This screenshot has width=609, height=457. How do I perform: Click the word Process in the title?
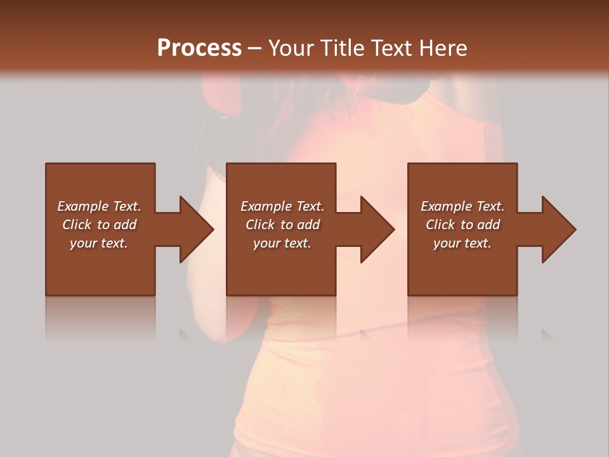point(199,48)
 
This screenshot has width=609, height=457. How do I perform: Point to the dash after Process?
point(254,49)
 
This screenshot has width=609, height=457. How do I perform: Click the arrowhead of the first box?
point(196,229)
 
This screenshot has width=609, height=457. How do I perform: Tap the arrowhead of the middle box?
point(377,229)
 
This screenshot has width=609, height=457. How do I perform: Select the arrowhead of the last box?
point(559,229)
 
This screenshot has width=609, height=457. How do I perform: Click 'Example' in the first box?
point(82,206)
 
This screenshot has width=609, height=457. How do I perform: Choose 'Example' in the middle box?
point(265,206)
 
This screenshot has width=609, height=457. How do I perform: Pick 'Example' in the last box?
point(446,206)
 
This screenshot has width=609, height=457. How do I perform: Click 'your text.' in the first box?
point(99,243)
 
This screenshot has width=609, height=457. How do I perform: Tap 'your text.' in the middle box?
point(282,243)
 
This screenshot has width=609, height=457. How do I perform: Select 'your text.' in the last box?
point(462,243)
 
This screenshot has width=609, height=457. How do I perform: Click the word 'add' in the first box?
point(125,225)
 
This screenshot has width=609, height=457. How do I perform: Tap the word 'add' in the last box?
point(488,225)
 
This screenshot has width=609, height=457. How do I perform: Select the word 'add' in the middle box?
point(308,225)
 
